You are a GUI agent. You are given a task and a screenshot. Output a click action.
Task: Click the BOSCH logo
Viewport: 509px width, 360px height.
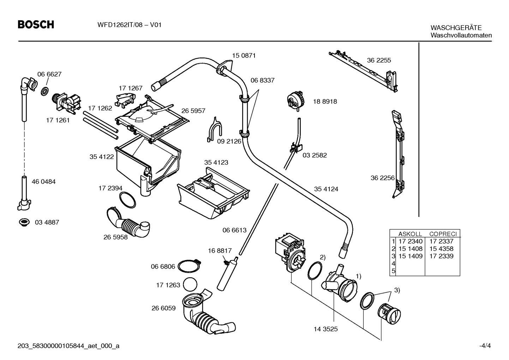coord(36,25)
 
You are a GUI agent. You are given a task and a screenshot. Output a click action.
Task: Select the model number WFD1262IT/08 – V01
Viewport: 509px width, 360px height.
coord(129,25)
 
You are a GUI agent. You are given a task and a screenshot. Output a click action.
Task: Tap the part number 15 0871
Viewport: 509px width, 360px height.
coord(244,55)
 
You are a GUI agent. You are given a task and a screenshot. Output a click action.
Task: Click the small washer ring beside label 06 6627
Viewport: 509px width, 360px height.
coord(45,91)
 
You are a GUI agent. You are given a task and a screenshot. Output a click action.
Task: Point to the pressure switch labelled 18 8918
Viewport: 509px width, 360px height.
coord(295,101)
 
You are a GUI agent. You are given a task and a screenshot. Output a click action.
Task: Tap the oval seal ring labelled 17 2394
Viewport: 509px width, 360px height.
coord(127,200)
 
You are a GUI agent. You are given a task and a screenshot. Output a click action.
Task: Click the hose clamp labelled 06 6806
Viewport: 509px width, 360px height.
coord(189,266)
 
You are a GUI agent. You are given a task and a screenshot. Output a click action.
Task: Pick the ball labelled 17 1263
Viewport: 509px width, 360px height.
coord(190,284)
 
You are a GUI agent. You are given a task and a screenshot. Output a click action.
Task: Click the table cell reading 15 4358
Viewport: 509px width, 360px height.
coord(441,249)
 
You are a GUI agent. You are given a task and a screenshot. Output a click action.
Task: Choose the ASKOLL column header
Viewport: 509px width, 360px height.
coord(410,234)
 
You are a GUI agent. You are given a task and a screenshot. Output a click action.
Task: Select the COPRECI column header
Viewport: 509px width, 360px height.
coord(443,234)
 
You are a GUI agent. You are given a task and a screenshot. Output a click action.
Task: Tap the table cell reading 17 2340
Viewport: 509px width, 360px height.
coord(411,241)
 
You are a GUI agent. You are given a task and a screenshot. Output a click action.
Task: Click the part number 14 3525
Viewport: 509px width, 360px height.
coord(325,329)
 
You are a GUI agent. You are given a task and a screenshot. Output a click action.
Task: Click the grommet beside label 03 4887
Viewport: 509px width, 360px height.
coord(24,222)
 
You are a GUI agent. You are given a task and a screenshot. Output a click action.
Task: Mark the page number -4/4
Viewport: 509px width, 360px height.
coord(485,346)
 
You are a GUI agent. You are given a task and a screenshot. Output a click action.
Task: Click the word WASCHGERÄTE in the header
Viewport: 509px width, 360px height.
coord(456,28)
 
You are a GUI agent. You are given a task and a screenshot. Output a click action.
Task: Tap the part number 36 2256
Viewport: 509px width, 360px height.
coord(383,178)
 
